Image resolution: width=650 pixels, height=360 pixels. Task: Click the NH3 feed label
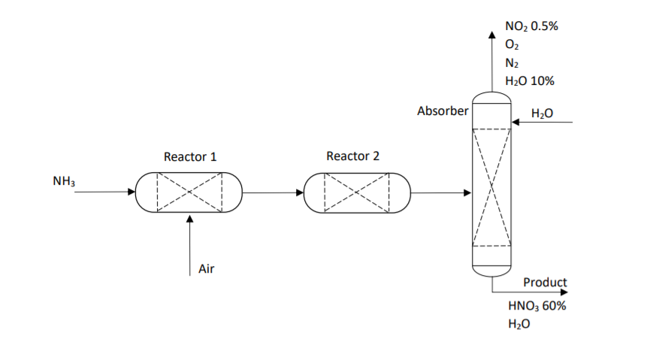click(x=64, y=181)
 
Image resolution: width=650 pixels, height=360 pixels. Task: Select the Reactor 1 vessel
click(x=189, y=193)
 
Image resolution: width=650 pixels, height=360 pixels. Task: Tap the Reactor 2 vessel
click(x=357, y=193)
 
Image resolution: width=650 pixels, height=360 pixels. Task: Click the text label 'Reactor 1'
click(x=190, y=157)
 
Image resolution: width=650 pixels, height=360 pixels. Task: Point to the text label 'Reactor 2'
click(x=352, y=156)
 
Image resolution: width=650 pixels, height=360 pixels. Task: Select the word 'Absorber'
click(x=443, y=111)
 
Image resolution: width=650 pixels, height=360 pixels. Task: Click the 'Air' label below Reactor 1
click(x=206, y=268)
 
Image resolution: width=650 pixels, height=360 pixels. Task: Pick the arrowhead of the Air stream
click(x=189, y=220)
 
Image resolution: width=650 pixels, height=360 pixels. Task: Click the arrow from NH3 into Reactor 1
click(x=105, y=192)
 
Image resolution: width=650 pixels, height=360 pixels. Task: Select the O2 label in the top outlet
click(x=512, y=45)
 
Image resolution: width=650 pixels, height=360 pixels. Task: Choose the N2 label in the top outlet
click(x=512, y=63)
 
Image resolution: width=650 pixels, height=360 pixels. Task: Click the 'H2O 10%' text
click(x=531, y=81)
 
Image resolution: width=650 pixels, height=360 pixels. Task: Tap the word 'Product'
click(x=545, y=283)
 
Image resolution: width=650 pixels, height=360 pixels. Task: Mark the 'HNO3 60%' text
click(x=537, y=306)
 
